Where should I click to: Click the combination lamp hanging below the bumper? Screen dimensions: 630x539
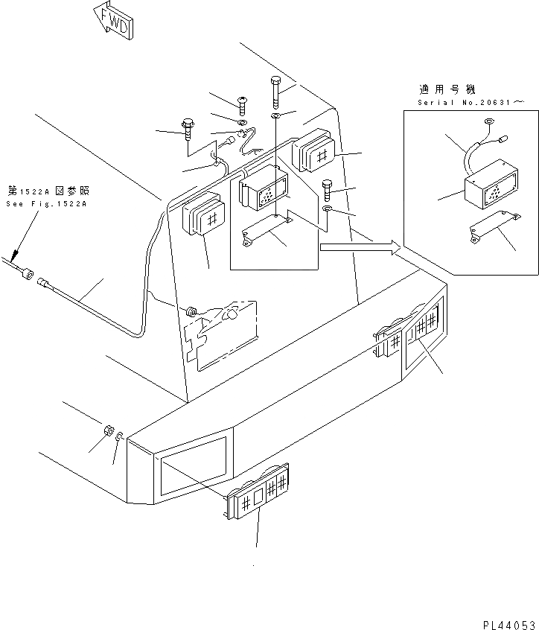pyautogui.click(x=258, y=492)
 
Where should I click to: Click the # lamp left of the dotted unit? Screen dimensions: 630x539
pyautogui.click(x=203, y=216)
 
